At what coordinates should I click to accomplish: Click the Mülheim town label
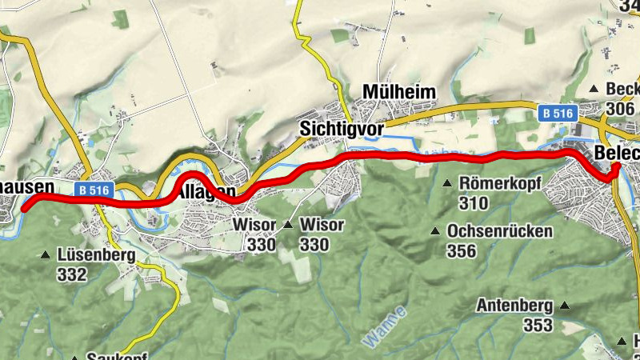399,92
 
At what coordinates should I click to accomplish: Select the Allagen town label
206,192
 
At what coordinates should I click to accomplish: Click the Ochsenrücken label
500,232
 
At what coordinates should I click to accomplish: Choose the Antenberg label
515,306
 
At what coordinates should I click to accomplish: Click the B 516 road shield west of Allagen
94,190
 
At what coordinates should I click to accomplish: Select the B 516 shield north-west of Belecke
555,114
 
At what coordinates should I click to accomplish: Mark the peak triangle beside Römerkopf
447,184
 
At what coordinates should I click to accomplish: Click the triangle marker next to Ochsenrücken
435,232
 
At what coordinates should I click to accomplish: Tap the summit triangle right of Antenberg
565,306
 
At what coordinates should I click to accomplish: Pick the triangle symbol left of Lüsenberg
46,256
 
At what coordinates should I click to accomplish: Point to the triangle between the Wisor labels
288,225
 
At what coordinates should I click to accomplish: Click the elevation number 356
462,251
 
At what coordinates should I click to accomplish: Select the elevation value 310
474,203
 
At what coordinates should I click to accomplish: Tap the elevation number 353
538,325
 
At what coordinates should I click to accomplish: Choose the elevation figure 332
71,275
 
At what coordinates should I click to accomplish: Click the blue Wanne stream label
384,326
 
